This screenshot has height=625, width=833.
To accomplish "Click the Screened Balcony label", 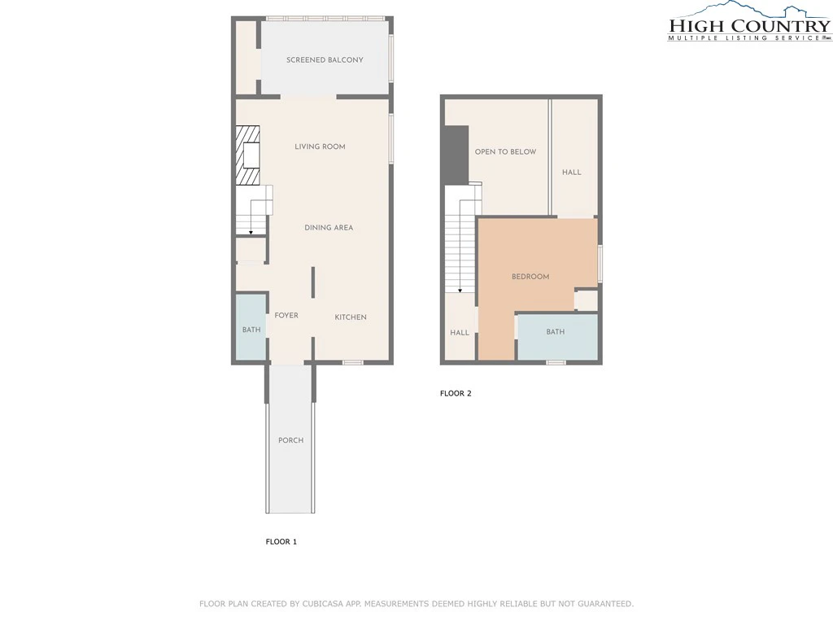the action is tap(325, 60).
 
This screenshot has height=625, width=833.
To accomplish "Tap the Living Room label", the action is tap(320, 146).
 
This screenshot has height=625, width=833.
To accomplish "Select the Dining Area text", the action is tap(329, 228).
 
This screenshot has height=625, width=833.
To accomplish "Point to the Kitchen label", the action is tap(351, 317).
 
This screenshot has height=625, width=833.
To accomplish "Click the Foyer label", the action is tap(286, 316).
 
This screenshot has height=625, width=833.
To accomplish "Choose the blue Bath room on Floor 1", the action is tap(251, 327).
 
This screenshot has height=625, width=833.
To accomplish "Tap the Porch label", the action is tap(291, 440).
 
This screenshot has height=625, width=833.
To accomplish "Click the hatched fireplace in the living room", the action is tap(247, 155).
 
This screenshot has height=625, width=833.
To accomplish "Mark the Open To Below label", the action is tap(505, 152).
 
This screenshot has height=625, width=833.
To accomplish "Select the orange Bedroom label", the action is tap(530, 277).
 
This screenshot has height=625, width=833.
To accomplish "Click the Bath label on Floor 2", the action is tap(555, 332).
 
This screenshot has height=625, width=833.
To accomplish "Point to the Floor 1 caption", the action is tap(281, 542).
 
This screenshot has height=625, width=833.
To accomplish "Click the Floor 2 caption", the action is tap(456, 394).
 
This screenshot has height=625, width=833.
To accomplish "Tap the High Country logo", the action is tap(749, 22).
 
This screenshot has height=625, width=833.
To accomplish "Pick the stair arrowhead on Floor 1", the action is tap(251, 233).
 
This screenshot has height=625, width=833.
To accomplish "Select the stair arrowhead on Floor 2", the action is tap(460, 291).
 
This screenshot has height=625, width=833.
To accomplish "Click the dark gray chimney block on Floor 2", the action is tap(456, 155).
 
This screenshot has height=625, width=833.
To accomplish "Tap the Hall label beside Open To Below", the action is tap(572, 173).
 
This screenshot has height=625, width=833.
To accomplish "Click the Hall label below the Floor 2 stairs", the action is tap(460, 333).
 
